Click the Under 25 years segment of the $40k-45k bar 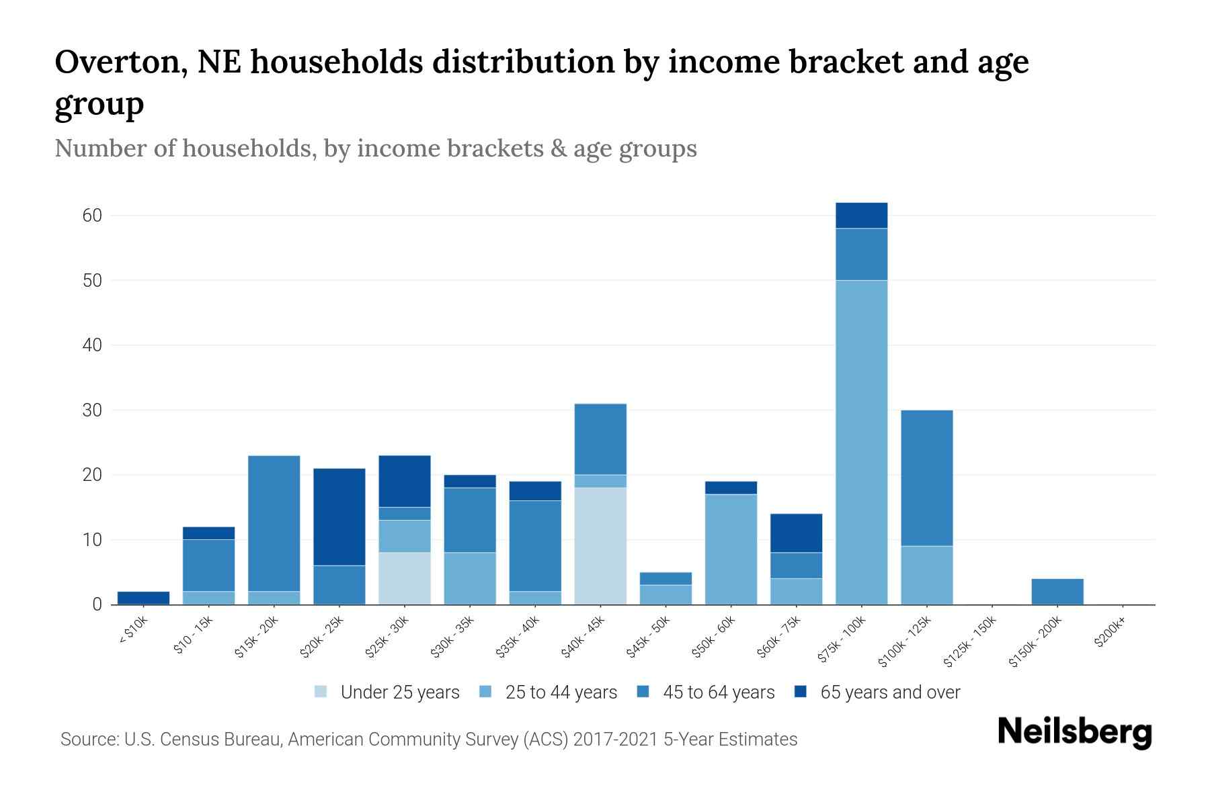pyautogui.click(x=600, y=545)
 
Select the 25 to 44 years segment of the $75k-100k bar pyautogui.click(x=861, y=442)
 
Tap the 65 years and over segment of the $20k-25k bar pyautogui.click(x=339, y=517)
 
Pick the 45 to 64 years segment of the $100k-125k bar pyautogui.click(x=926, y=478)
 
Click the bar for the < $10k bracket pyautogui.click(x=143, y=598)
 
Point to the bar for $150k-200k pyautogui.click(x=1057, y=591)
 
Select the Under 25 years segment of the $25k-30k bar pyautogui.click(x=405, y=578)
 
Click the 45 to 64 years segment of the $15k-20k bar pyautogui.click(x=274, y=523)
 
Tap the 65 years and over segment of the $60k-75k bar pyautogui.click(x=796, y=533)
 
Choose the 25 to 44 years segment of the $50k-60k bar pyautogui.click(x=731, y=549)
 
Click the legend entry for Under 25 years pyautogui.click(x=387, y=692)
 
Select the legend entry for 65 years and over pyautogui.click(x=877, y=692)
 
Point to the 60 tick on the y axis pyautogui.click(x=92, y=216)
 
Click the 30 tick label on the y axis pyautogui.click(x=92, y=410)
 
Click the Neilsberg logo pyautogui.click(x=1074, y=732)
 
